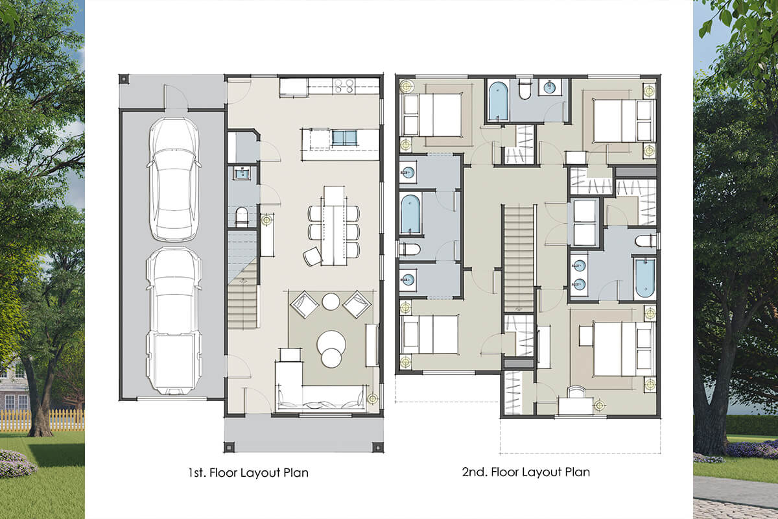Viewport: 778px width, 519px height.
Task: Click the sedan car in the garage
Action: (x=174, y=179)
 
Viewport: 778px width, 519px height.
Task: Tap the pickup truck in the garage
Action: (x=174, y=321)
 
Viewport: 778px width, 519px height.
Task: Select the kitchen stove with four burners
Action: (x=344, y=86)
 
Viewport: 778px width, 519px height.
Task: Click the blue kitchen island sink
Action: (x=344, y=138)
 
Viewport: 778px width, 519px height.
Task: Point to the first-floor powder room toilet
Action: (x=241, y=216)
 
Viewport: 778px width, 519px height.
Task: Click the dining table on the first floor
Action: (x=334, y=226)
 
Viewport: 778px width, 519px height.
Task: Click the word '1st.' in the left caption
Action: (x=197, y=472)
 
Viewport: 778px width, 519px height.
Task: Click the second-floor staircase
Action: (x=519, y=259)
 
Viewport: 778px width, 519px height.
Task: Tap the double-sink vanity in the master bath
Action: (x=579, y=274)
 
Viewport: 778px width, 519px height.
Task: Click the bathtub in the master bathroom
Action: (x=645, y=278)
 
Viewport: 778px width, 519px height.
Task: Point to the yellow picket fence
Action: (x=42, y=420)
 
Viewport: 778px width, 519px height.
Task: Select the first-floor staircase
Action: (x=242, y=280)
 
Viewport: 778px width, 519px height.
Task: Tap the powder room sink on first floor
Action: (x=241, y=173)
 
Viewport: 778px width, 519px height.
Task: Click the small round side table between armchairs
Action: (x=331, y=302)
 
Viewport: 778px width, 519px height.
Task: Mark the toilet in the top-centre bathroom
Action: (x=525, y=90)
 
